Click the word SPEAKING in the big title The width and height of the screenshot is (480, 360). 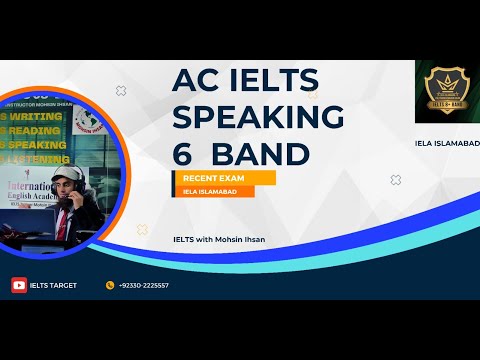click(x=258, y=115)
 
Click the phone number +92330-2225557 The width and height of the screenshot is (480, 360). click(x=143, y=285)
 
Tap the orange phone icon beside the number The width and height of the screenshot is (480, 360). click(x=110, y=285)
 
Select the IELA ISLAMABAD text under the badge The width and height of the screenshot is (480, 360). click(x=446, y=143)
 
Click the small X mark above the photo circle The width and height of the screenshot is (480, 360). click(x=121, y=91)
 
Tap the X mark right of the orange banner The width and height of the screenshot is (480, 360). click(x=395, y=180)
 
